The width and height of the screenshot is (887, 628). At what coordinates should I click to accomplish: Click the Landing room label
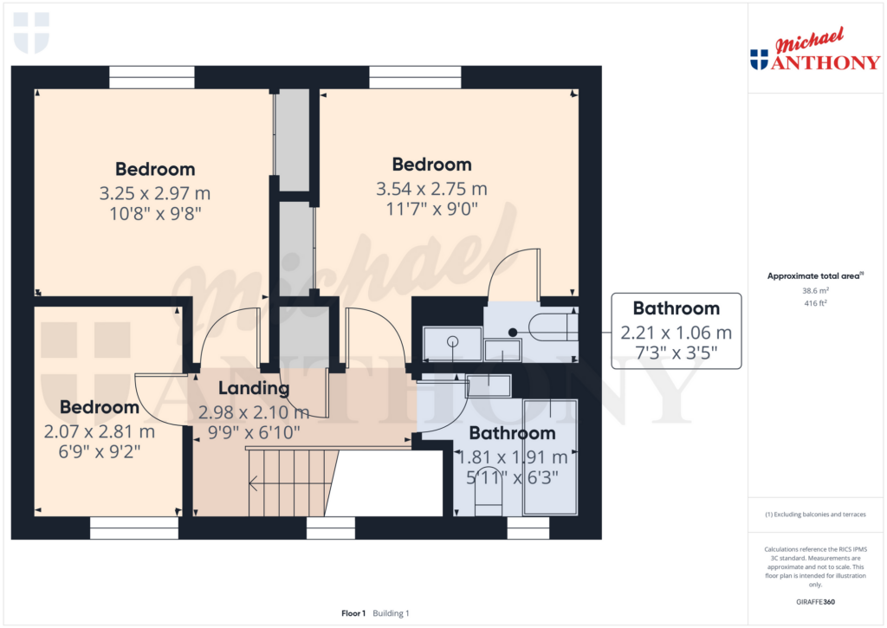(253, 388)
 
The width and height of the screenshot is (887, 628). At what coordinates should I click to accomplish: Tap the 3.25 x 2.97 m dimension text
(156, 192)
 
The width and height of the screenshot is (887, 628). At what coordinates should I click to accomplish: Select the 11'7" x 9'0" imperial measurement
(431, 209)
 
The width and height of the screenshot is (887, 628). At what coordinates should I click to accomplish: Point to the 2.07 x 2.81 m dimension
(99, 431)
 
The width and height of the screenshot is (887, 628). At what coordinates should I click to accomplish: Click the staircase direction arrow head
(253, 485)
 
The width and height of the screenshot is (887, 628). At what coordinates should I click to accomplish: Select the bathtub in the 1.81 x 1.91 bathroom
(550, 456)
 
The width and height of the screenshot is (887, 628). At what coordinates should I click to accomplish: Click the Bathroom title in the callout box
(676, 308)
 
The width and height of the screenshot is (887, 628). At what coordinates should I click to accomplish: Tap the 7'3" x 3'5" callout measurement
(676, 353)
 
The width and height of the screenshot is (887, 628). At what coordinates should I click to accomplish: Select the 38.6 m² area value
(815, 292)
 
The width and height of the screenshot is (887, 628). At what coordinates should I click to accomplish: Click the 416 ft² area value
(815, 304)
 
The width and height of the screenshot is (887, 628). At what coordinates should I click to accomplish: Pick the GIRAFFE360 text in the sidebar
(815, 602)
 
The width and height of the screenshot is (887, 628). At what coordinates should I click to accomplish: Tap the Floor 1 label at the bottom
(353, 613)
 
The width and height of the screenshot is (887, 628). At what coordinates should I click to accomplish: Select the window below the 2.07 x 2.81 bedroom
(133, 528)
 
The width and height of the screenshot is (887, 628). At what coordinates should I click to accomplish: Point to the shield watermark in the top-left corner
(31, 32)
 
